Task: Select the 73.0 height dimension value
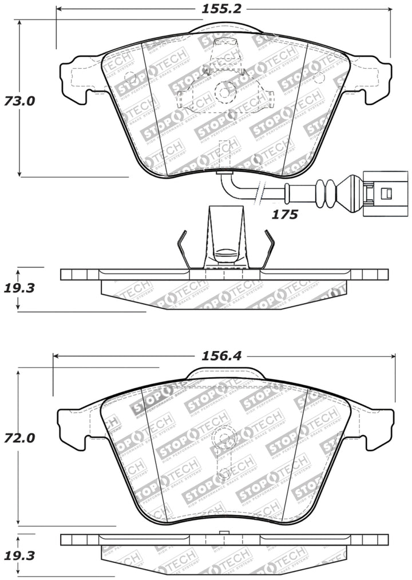pyautogui.click(x=21, y=101)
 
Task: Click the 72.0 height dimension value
pyautogui.click(x=21, y=438)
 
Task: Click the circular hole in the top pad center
pyautogui.click(x=223, y=90)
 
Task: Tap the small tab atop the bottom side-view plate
pyautogui.click(x=224, y=533)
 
